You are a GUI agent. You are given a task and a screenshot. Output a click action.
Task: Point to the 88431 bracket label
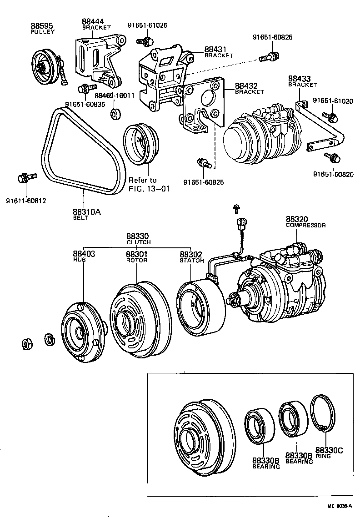click(x=216, y=49)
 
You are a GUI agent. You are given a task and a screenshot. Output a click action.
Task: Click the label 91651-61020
click(x=334, y=101)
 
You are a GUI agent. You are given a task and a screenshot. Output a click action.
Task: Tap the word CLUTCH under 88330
click(x=138, y=242)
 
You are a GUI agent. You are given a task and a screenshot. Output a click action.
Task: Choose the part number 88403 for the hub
click(x=84, y=253)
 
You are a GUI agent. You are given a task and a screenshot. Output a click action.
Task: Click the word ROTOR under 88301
click(x=136, y=261)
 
